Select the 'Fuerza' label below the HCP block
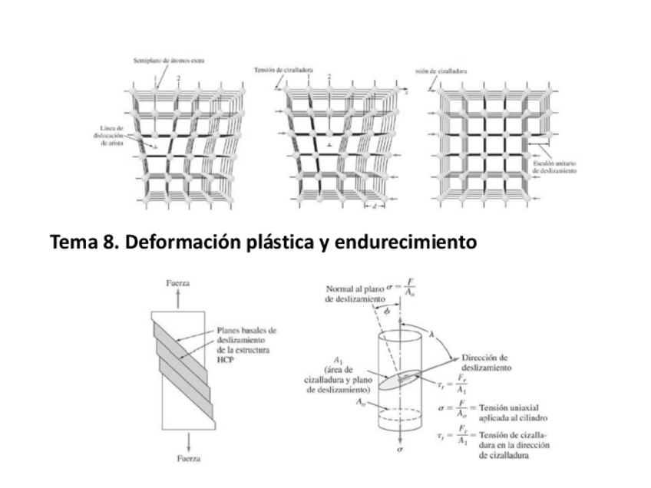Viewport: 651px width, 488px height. (178, 458)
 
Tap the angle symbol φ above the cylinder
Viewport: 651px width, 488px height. (388, 311)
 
